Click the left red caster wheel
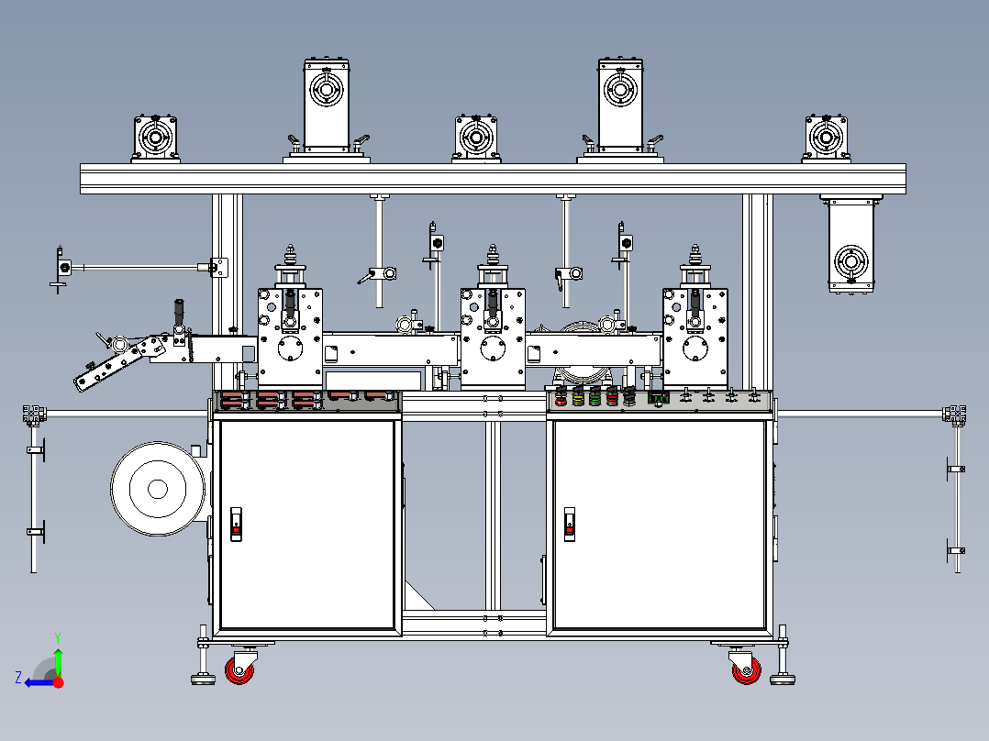(239, 670)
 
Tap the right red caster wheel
(747, 670)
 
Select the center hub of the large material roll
(158, 489)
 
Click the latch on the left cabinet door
(236, 524)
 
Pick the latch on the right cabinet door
(570, 524)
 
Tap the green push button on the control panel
(595, 396)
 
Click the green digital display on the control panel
(659, 398)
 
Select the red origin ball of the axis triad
(58, 682)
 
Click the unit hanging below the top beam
(850, 244)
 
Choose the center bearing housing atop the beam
(476, 138)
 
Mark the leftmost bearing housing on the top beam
(155, 138)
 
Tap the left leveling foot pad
(203, 680)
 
